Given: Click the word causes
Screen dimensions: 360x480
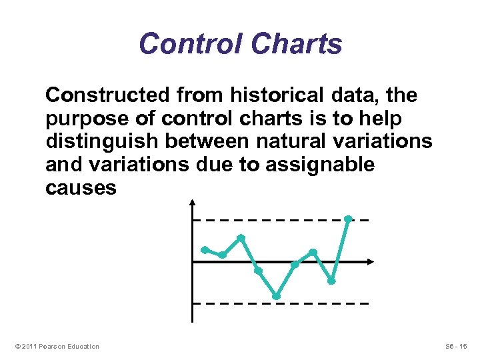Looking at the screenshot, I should (81, 188).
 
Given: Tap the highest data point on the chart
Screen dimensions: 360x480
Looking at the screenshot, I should (348, 219).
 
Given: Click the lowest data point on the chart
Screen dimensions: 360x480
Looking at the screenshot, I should (276, 296).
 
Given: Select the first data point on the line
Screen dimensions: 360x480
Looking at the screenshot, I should (205, 249).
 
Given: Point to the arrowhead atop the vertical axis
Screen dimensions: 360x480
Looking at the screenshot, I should (192, 201).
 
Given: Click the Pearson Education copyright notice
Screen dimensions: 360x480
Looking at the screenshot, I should (57, 346).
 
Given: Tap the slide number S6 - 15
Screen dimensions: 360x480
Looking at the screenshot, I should (457, 346).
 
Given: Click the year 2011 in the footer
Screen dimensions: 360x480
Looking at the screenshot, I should (29, 346).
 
